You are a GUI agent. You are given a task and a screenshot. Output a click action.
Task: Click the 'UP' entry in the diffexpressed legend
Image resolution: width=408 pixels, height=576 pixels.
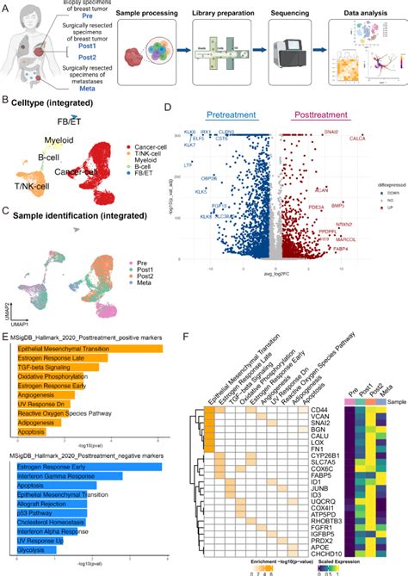(x=390, y=212)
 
